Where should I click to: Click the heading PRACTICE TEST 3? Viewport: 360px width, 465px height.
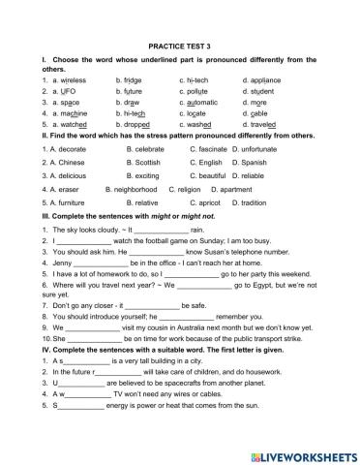point(181,45)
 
